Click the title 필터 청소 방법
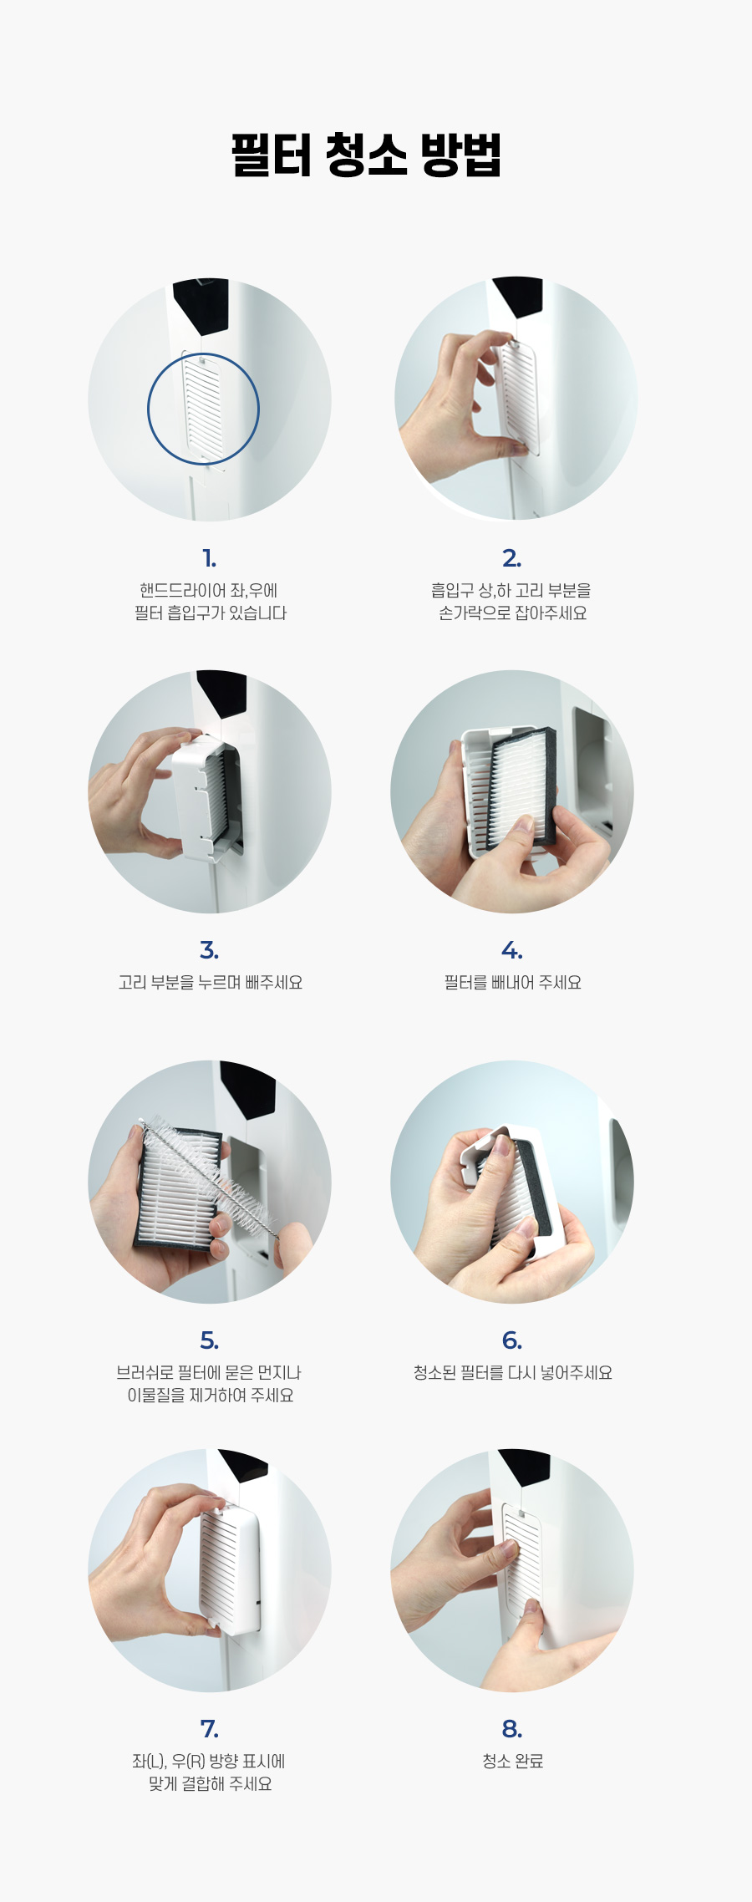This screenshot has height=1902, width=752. [366, 155]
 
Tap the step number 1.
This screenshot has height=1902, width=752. [209, 558]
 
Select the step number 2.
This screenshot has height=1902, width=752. [511, 558]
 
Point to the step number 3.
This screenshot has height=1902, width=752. [209, 950]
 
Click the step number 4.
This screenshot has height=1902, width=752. [511, 950]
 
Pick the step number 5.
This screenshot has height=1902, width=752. [209, 1340]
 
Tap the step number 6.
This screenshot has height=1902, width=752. [511, 1340]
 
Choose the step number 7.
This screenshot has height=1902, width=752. [209, 1728]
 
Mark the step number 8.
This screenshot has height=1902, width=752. [511, 1728]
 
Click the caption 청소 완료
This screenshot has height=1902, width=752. [512, 1761]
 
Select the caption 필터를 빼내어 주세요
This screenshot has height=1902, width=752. [512, 982]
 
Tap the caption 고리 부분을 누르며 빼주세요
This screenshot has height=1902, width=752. [210, 982]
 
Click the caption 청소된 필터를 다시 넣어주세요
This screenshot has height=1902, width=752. [512, 1372]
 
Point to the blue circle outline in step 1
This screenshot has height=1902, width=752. [148, 409]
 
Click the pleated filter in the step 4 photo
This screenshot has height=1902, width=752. [520, 786]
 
